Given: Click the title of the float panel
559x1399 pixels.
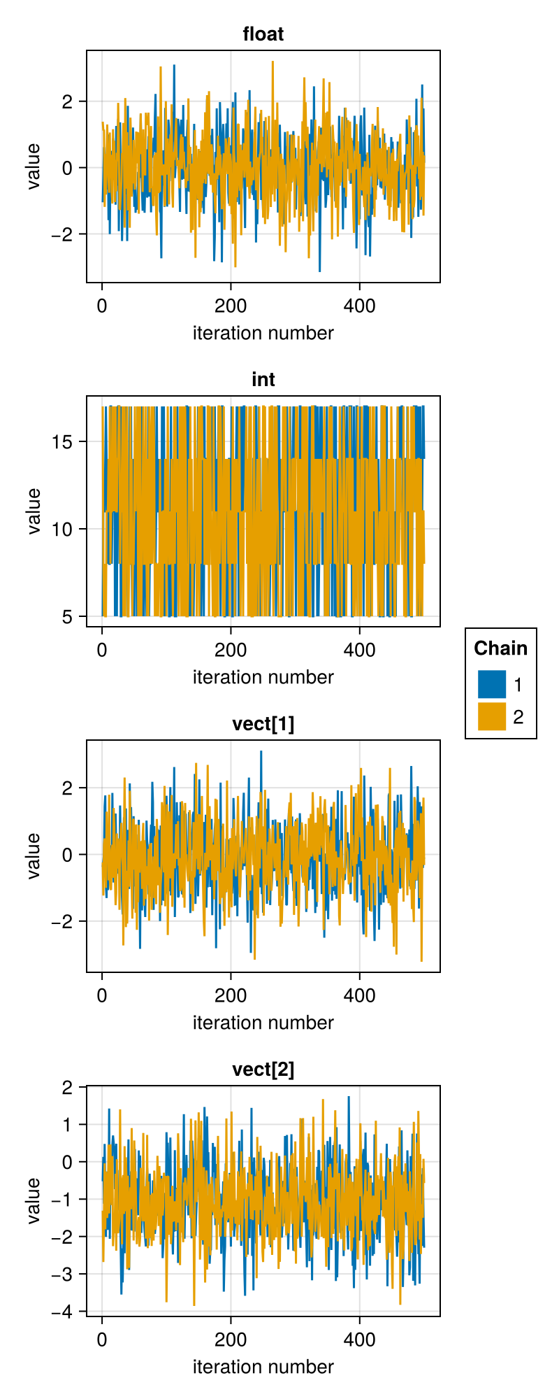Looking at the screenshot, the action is click(263, 34).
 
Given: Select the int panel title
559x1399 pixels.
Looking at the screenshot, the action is click(263, 379).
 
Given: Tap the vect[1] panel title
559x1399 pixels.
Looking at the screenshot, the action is click(263, 724).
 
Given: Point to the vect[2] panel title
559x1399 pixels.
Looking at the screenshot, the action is click(263, 1070).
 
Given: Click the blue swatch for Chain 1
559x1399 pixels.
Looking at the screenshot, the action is click(492, 684).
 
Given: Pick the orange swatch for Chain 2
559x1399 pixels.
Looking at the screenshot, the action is click(492, 716).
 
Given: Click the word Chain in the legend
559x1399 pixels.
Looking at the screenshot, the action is click(501, 648).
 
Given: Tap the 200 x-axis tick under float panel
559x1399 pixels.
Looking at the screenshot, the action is click(231, 306).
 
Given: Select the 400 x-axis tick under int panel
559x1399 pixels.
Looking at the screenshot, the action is click(360, 651).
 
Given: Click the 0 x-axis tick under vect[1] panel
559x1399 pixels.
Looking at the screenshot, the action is click(102, 995).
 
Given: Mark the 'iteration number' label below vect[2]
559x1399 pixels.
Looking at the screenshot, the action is click(263, 1367).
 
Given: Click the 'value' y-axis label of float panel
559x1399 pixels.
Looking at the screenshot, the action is click(33, 166).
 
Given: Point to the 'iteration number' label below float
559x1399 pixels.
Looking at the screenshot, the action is click(263, 333).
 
